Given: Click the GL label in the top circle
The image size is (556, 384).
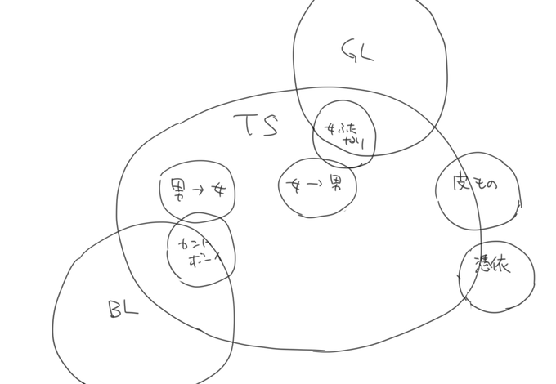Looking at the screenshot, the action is [x=356, y=51].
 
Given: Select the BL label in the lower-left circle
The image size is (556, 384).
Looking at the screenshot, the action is [x=123, y=309].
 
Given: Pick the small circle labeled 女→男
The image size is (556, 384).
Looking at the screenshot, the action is [x=317, y=187].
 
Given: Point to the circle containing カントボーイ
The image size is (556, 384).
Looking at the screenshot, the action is [x=200, y=250].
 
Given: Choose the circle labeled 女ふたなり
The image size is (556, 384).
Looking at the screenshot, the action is [x=344, y=134].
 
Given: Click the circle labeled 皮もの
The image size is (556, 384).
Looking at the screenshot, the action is [x=478, y=191].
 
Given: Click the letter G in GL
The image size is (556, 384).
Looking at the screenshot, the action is [x=347, y=51].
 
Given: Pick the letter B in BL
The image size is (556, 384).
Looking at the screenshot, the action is [x=115, y=309].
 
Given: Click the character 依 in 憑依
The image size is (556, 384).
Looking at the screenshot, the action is [x=500, y=267].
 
